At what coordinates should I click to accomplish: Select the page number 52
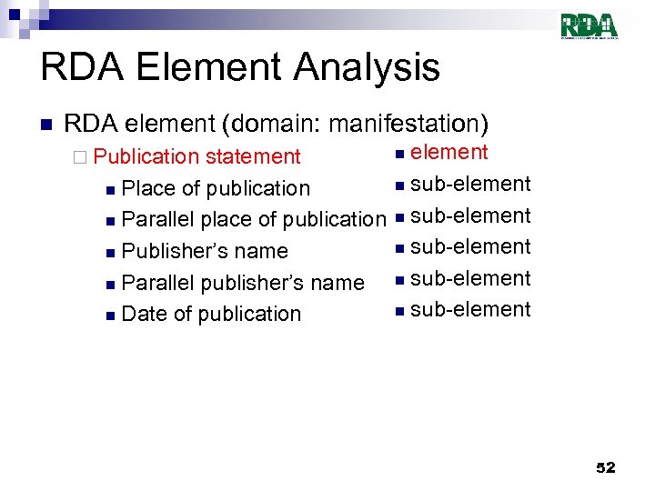tap(605, 467)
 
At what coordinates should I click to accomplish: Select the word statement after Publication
tap(253, 156)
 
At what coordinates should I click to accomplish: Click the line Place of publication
tap(215, 188)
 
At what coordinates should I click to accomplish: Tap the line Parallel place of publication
tap(253, 219)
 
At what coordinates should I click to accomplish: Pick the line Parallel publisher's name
tap(242, 283)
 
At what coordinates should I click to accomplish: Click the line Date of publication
tap(210, 314)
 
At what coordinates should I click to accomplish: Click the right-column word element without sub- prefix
tap(449, 152)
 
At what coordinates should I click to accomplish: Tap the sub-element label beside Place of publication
tap(470, 184)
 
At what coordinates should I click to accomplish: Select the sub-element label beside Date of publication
tap(470, 309)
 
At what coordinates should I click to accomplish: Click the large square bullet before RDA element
tap(45, 124)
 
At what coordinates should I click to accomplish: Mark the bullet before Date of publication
tap(110, 316)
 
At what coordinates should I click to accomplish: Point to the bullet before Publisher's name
tap(110, 253)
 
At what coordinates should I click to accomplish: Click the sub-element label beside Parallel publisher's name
tap(470, 278)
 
